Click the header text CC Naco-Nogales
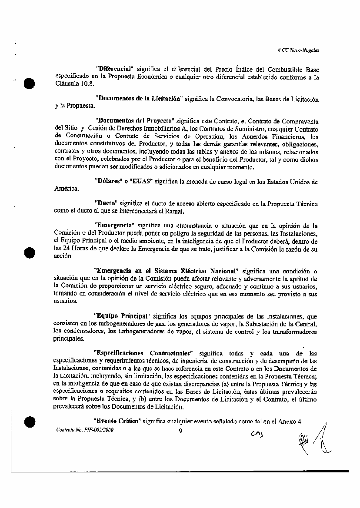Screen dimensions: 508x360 pyautogui.click(x=300, y=50)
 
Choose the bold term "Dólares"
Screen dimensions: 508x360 pyautogui.click(x=107, y=181)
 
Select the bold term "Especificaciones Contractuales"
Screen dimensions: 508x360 pyautogui.click(x=143, y=353)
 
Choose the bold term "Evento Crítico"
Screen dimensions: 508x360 pyautogui.click(x=117, y=422)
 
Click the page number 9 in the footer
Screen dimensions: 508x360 pyautogui.click(x=180, y=431)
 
